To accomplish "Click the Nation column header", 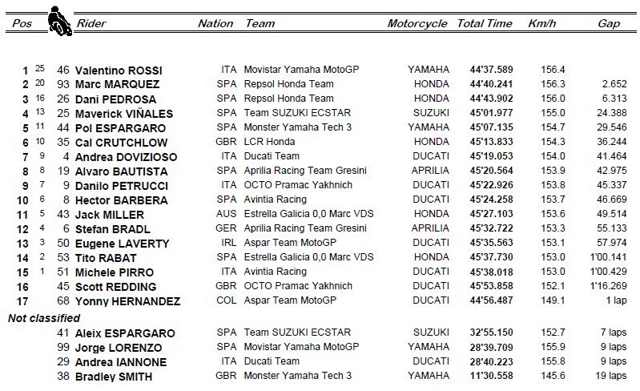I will click(215, 24).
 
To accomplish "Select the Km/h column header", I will click(542, 24).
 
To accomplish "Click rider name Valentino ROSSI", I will click(117, 70).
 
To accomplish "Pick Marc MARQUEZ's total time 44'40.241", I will click(491, 84).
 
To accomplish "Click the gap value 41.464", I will click(610, 156).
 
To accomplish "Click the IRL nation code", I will click(228, 244).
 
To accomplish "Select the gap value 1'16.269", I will click(606, 287).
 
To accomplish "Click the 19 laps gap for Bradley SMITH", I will click(611, 377).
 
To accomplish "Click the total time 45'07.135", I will click(491, 127).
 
